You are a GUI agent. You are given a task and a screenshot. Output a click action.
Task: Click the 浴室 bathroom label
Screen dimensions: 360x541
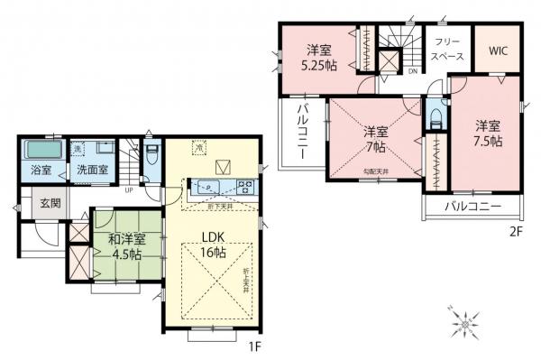[41, 170]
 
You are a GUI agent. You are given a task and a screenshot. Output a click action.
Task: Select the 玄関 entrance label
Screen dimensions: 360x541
[48, 203]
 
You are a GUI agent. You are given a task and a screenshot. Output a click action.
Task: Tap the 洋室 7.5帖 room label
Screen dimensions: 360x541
[488, 133]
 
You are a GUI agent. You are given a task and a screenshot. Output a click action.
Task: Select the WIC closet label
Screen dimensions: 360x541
[500, 51]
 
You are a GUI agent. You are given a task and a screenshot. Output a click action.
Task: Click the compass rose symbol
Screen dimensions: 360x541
[466, 320]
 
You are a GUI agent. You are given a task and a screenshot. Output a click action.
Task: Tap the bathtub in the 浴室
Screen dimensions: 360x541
[41, 150]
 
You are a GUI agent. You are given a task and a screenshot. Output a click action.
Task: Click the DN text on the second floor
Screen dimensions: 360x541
[413, 71]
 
